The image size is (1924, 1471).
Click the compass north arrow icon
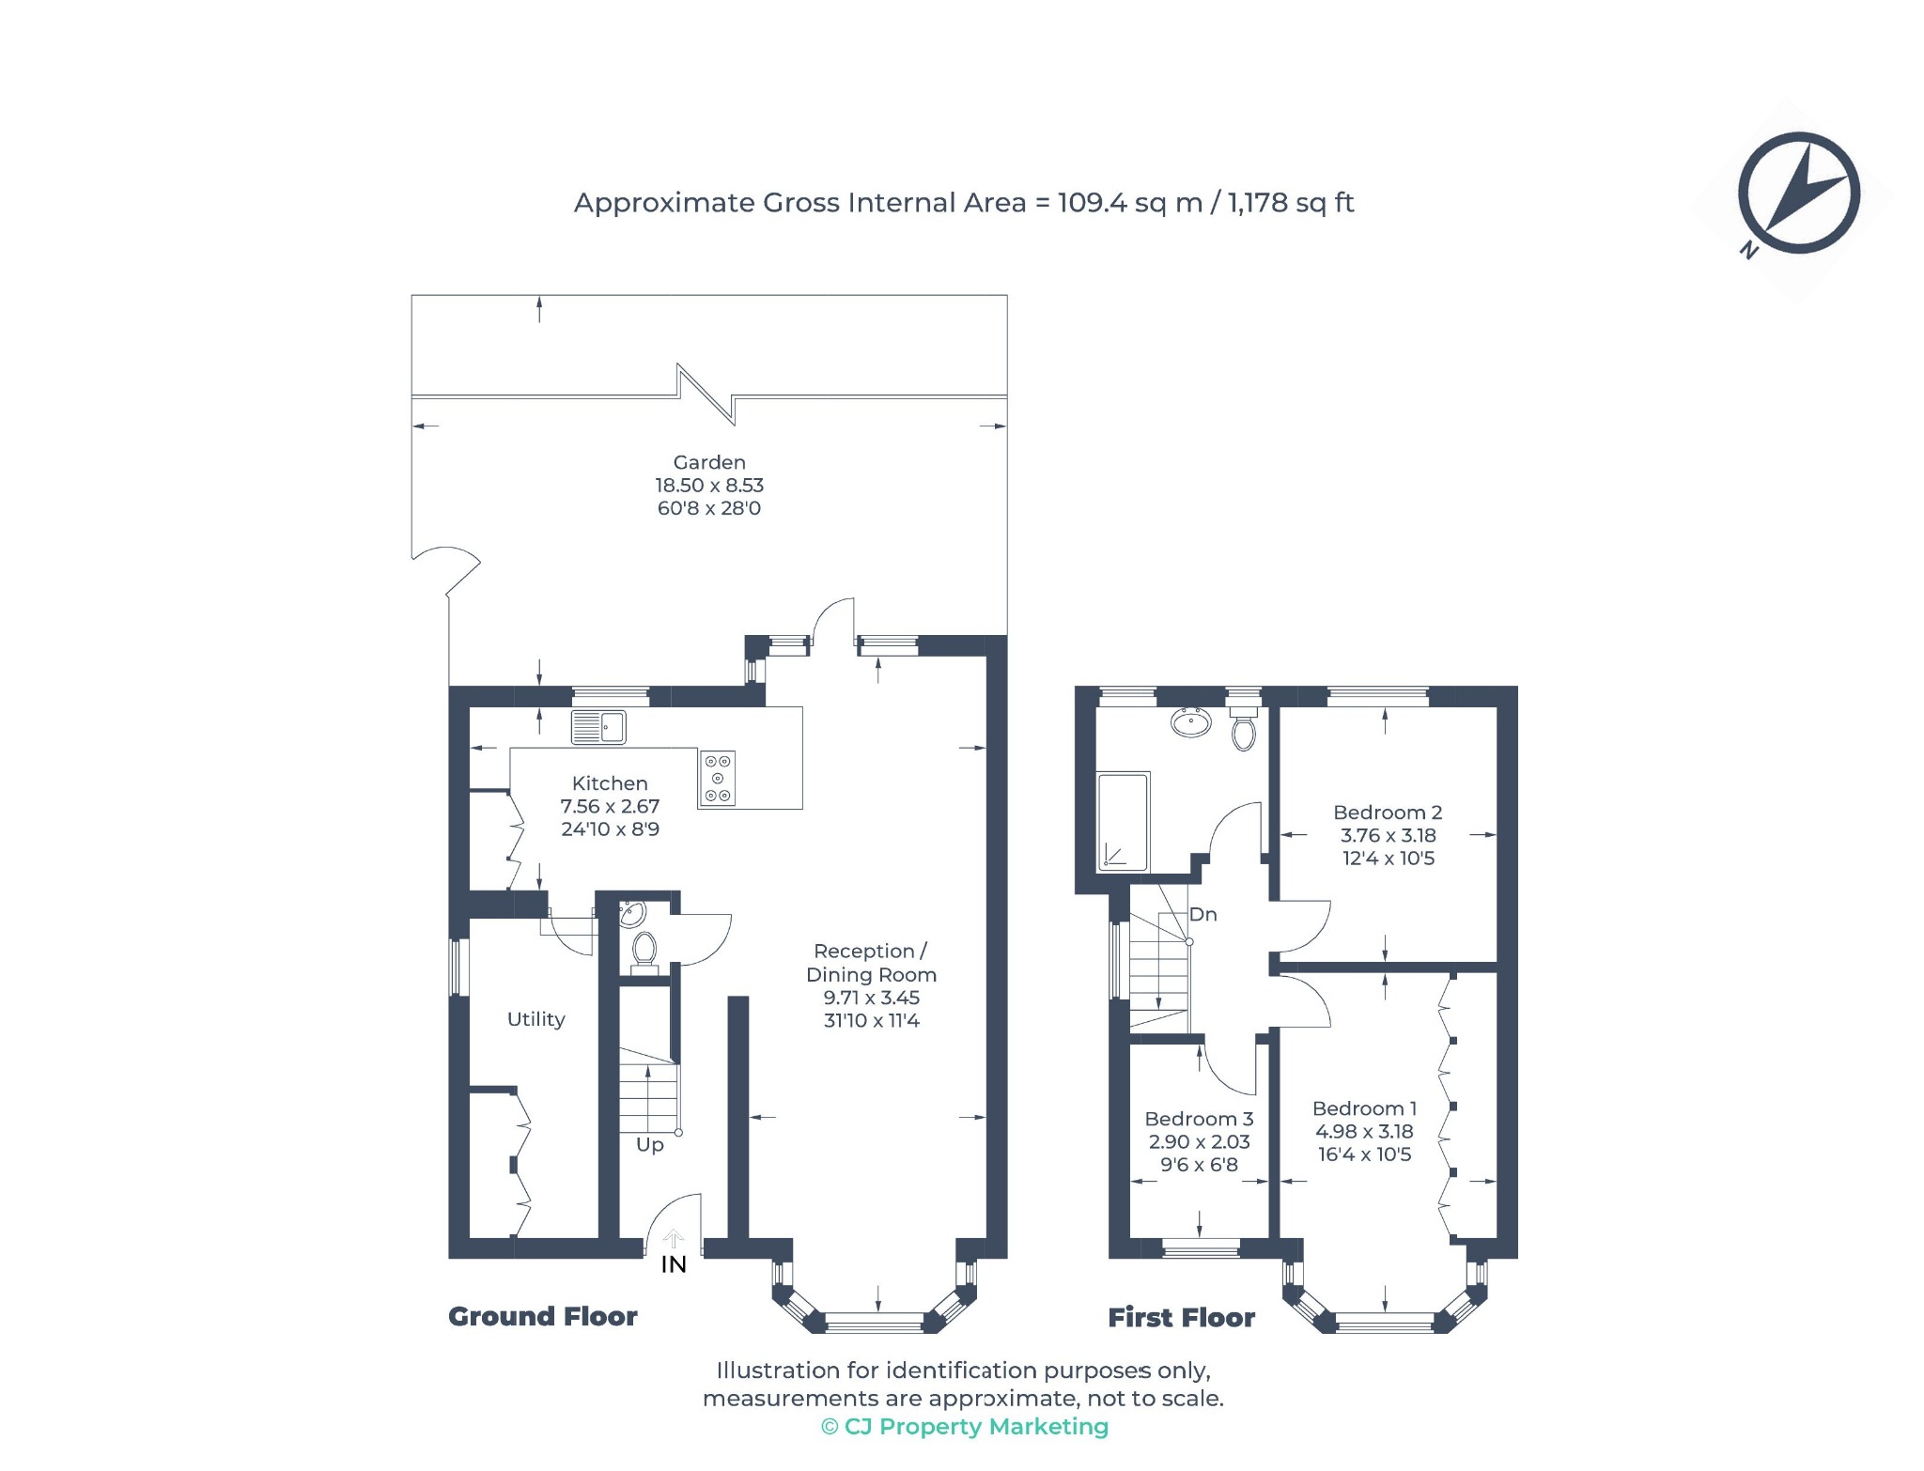1798,194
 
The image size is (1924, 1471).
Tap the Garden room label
709,462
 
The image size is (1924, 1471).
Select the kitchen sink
598,727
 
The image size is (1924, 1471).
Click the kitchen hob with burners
717,779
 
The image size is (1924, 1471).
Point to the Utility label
536,1019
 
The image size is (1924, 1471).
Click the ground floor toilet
644,950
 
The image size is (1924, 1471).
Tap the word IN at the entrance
674,1264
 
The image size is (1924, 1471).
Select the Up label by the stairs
650,1145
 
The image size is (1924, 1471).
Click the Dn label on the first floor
1203,914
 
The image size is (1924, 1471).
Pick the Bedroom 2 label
1388,813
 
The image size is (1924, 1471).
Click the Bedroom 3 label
1199,1119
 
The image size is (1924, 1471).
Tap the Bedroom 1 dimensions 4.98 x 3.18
1364,1132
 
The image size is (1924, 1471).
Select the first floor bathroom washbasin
1191,722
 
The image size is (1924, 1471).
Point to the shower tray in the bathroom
1123,822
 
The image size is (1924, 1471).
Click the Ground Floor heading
543,1316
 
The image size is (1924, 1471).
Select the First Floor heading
1182,1317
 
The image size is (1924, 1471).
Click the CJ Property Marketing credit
965,1427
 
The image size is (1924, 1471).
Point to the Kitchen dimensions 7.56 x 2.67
610,806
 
